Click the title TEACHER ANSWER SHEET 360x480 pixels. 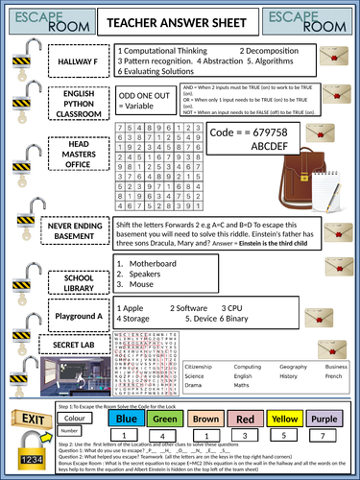pyautogui.click(x=180, y=18)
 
